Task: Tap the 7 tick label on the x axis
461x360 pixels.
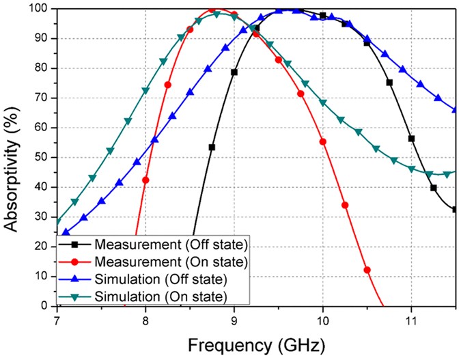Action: coord(57,318)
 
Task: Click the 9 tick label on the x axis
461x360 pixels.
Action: coord(234,318)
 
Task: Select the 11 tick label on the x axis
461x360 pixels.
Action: coord(411,318)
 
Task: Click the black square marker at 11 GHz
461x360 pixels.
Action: coord(411,139)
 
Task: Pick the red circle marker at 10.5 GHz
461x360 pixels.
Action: coord(367,270)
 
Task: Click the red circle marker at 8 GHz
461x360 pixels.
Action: coord(145,180)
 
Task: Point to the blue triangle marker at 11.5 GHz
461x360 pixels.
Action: coord(455,109)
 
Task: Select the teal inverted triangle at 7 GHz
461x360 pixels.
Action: coord(58,222)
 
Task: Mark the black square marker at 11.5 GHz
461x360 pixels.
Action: coord(455,209)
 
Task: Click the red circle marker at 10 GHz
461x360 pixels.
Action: coord(323,141)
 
